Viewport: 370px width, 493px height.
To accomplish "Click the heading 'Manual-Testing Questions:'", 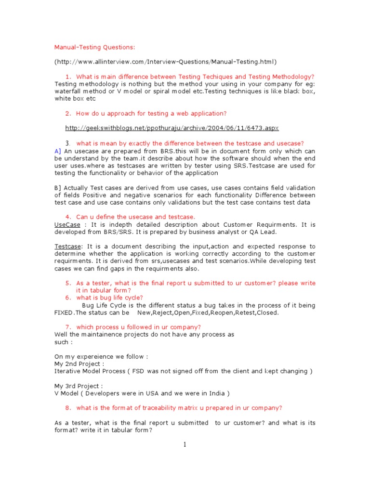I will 95,47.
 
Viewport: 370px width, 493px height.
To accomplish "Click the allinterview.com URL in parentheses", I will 166,62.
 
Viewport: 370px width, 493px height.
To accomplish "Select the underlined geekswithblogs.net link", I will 172,128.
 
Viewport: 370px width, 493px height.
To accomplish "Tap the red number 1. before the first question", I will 68,77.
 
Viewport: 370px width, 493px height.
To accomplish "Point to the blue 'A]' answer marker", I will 58,151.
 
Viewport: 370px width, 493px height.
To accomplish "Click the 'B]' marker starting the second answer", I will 58,188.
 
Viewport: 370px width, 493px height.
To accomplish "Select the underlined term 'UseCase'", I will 67,225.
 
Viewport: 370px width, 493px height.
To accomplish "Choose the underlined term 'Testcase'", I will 67,246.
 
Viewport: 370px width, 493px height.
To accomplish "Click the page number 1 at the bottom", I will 185,444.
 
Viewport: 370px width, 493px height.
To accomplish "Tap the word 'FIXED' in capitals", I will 64,312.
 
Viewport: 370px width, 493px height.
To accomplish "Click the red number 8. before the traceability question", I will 68,408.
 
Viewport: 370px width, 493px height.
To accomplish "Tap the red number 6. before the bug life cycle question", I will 68,298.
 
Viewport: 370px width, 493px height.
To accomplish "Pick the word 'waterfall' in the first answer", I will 67,91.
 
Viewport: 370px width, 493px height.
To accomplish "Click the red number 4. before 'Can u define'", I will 68,217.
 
